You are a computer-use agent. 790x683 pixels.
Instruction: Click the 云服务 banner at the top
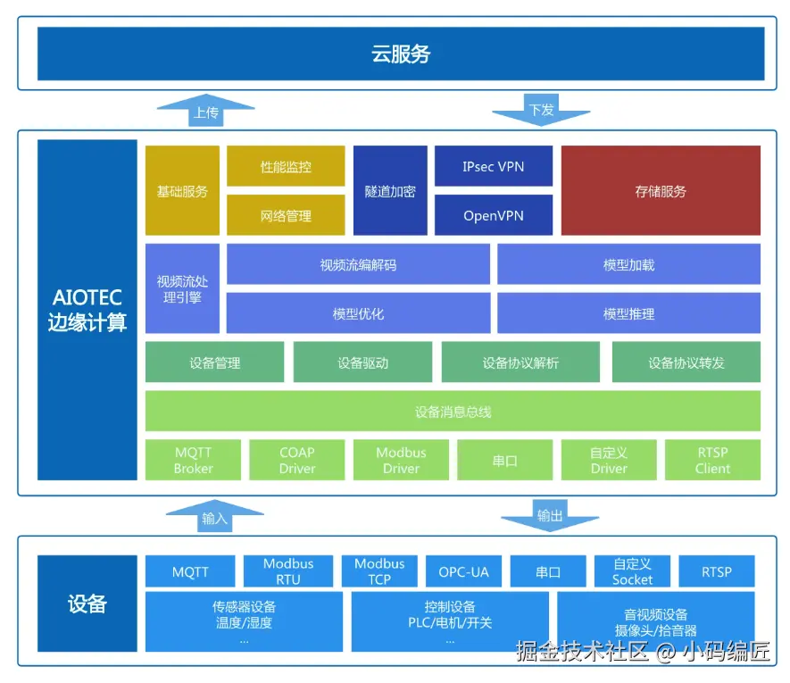click(401, 54)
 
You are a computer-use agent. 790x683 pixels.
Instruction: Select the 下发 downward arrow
click(541, 110)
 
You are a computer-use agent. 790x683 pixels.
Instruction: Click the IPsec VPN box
click(494, 166)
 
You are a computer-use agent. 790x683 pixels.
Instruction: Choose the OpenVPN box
click(494, 215)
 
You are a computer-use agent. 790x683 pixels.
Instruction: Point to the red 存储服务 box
click(661, 191)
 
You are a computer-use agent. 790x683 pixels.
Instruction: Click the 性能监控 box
click(286, 166)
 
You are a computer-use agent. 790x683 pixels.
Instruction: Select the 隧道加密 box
click(390, 191)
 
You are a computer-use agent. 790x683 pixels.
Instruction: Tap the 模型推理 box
click(628, 313)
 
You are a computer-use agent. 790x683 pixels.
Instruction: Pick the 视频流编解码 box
click(358, 264)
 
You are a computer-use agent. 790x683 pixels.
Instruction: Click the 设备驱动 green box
click(362, 362)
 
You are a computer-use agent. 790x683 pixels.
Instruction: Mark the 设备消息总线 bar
click(453, 412)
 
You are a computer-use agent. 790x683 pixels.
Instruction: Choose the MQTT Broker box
click(194, 460)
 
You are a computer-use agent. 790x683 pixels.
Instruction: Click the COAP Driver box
click(297, 460)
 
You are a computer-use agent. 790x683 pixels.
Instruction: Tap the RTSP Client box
click(712, 460)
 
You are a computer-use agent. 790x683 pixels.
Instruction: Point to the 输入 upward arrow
click(214, 517)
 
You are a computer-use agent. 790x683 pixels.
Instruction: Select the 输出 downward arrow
click(550, 516)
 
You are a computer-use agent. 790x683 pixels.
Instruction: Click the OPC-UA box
click(463, 571)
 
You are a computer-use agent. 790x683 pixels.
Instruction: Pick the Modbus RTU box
click(288, 571)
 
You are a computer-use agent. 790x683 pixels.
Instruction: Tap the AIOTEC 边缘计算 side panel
click(87, 309)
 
